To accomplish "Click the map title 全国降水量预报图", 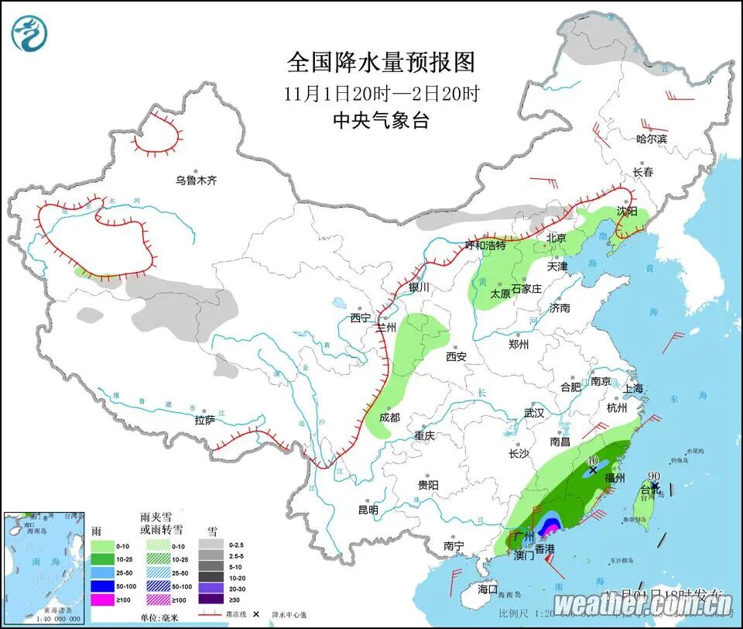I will tap(381, 61).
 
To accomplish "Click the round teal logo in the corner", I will tap(29, 33).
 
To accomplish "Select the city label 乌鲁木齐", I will tap(196, 180).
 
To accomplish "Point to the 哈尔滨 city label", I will tap(651, 139).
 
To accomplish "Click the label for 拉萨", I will tap(205, 420).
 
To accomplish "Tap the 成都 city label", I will tap(390, 418).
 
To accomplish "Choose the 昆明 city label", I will tap(368, 510).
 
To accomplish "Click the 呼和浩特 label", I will tap(484, 246).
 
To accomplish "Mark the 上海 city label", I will tap(633, 389).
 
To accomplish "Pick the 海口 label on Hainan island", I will tap(488, 589).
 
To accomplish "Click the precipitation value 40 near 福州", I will tap(594, 460).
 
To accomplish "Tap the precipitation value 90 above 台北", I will tap(654, 476).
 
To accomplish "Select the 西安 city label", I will tap(456, 357).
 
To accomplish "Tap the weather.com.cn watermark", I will tap(643, 603).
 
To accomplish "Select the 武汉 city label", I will tap(534, 414).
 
